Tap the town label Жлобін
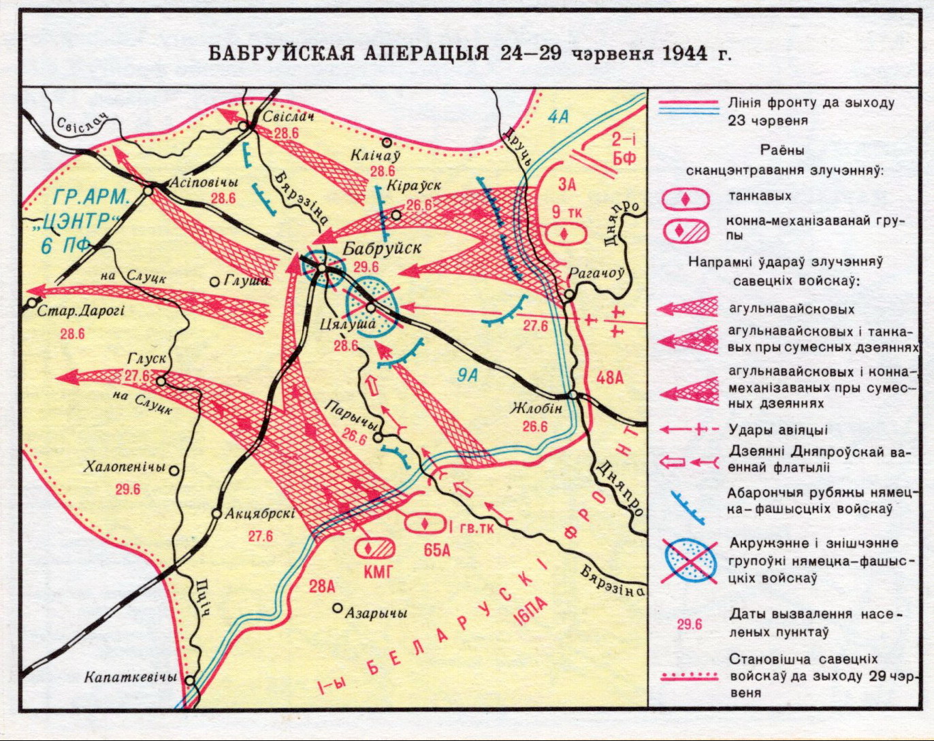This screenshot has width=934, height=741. (536, 409)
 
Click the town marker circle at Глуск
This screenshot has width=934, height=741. (161, 381)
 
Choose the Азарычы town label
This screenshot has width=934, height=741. (376, 612)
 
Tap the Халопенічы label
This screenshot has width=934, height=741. (125, 468)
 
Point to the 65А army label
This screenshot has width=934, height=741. (437, 550)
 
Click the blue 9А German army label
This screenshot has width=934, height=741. (467, 375)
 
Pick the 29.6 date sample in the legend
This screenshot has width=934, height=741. (689, 623)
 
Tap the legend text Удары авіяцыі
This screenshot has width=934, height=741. (777, 430)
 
